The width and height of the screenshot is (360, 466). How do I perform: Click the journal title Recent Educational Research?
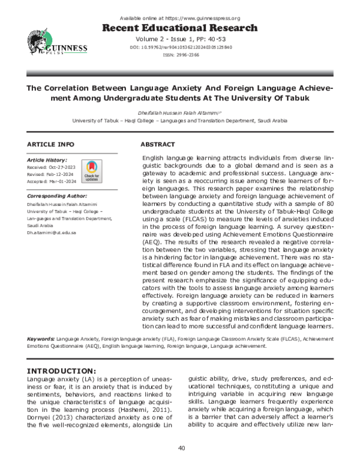179,28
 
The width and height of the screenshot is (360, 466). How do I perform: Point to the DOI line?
179,47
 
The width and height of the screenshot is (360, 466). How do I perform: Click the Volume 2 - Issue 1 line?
179,38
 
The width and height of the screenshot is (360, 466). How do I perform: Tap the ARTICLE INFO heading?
51,145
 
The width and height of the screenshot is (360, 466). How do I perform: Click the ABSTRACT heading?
157,145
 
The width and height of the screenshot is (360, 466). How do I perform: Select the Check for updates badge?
91,171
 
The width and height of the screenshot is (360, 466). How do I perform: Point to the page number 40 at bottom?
179,448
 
